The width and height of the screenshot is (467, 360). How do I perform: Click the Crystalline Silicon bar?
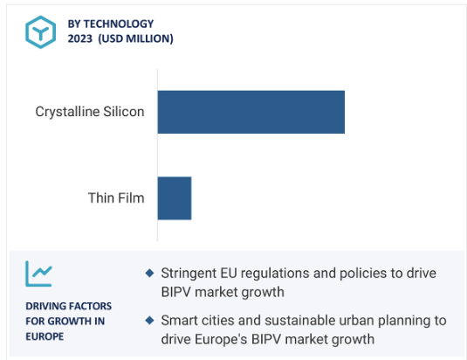251,112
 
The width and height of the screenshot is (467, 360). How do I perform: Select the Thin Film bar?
175,198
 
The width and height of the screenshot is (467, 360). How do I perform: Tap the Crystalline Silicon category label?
90,112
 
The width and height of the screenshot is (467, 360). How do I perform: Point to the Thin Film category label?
116,197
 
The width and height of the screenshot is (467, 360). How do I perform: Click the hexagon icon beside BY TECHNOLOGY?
40,31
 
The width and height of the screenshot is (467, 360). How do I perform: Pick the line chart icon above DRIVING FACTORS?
38,273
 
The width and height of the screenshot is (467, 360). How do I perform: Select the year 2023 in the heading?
79,38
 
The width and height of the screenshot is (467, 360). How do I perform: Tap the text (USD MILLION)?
135,38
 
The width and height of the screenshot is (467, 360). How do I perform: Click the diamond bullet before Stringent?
149,273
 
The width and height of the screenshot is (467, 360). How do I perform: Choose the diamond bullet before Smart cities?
149,321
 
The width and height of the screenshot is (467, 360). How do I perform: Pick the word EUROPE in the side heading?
45,336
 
